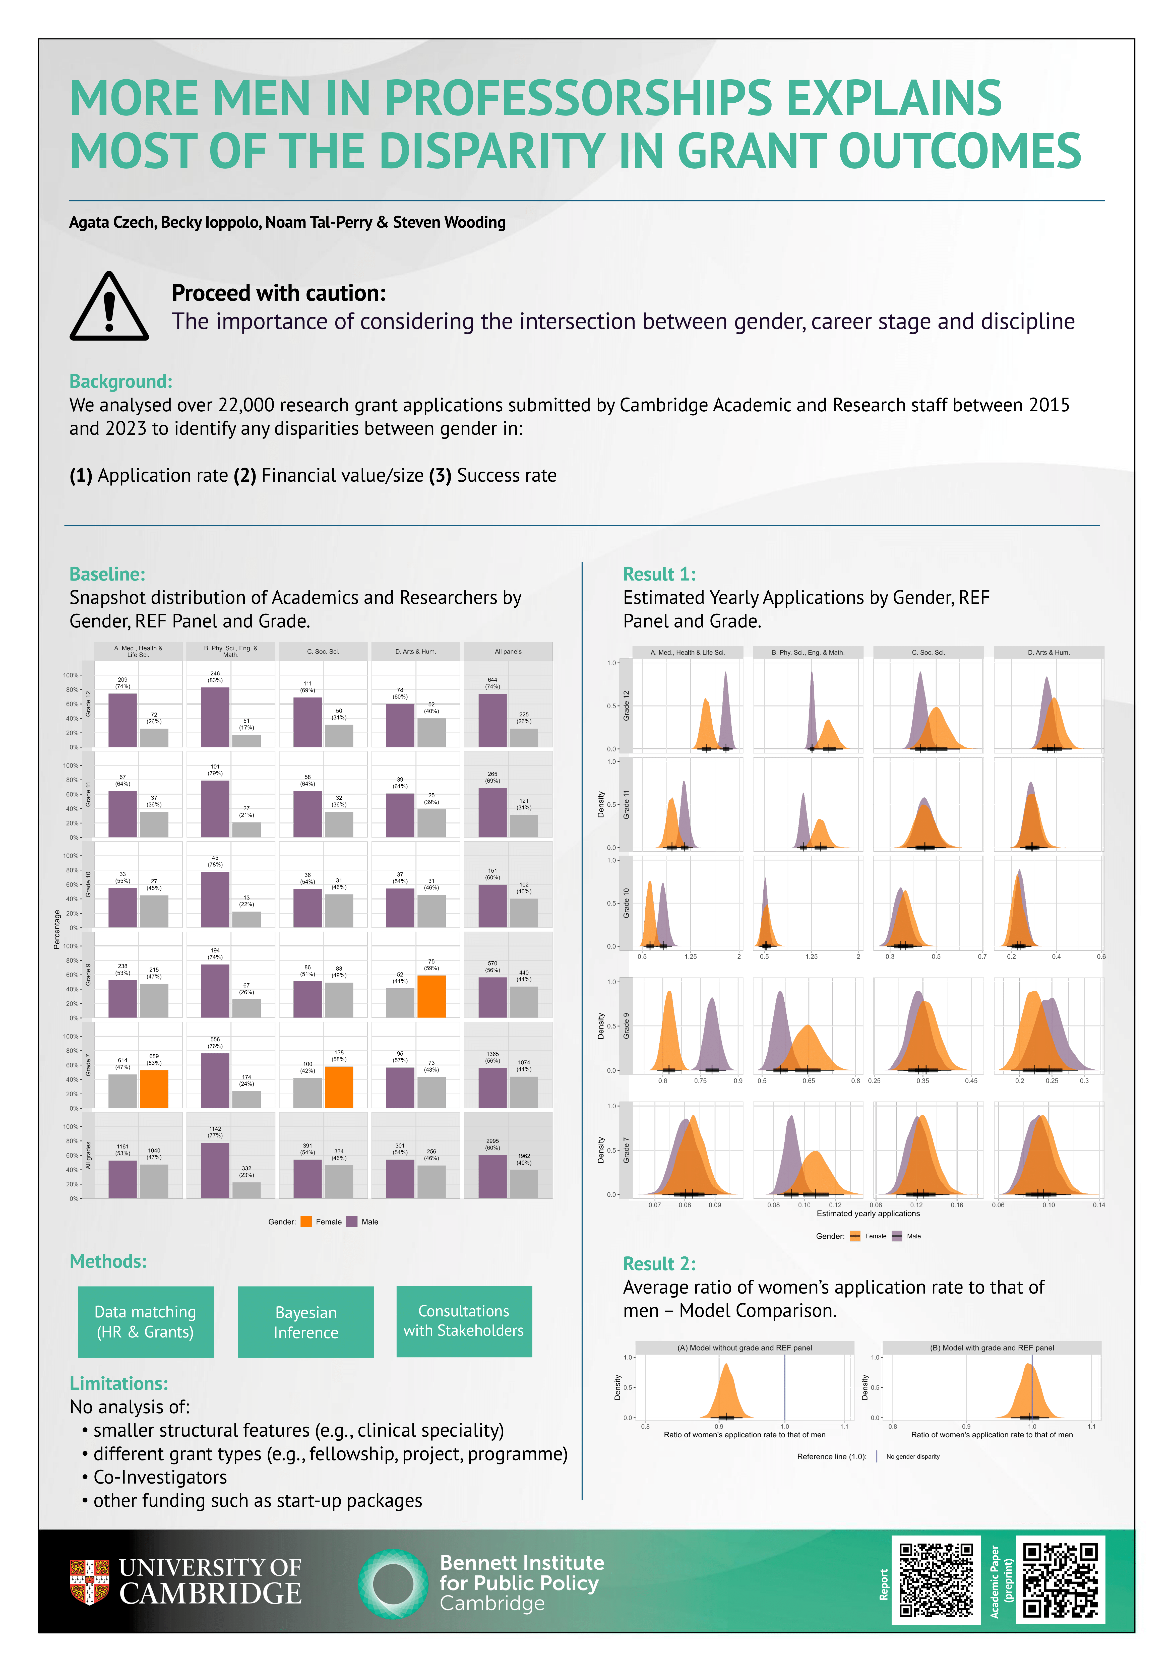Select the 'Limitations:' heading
click(119, 1383)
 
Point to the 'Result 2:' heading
click(659, 1264)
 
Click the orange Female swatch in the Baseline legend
click(306, 1222)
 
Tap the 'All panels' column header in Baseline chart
click(508, 652)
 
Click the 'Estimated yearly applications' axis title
click(868, 1213)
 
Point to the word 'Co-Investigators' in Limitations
click(160, 1478)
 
